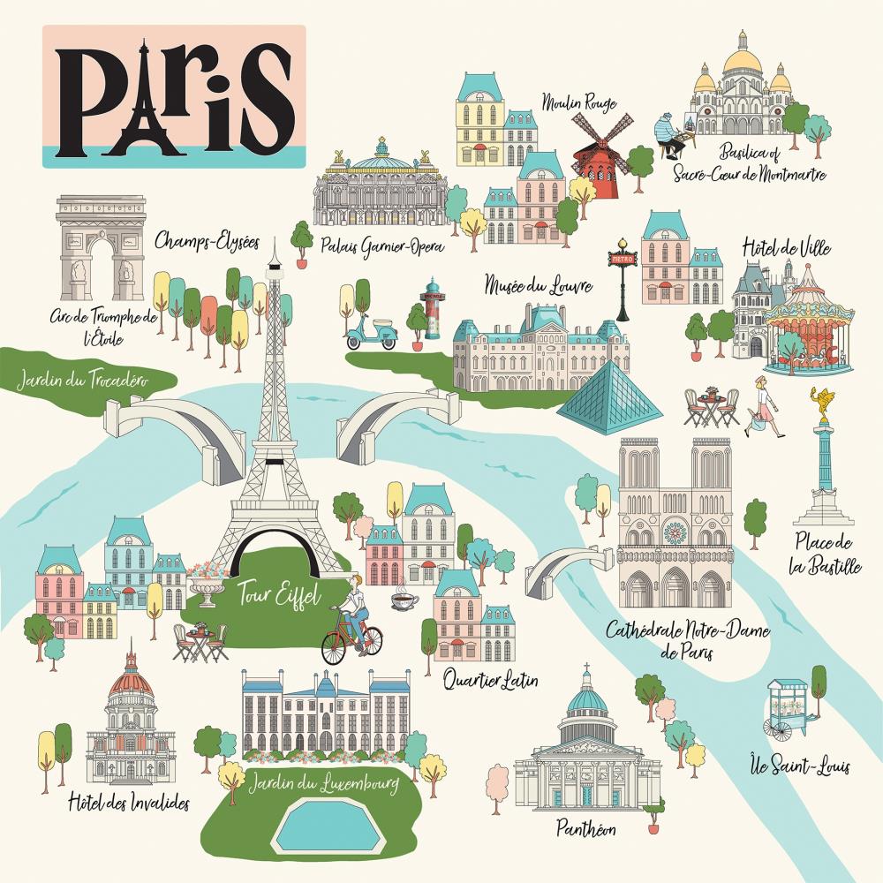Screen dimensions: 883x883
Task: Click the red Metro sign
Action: coord(622,258)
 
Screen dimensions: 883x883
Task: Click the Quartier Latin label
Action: coord(492,681)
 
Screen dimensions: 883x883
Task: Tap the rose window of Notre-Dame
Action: coord(675,532)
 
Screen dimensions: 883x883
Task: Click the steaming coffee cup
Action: coord(404,601)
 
